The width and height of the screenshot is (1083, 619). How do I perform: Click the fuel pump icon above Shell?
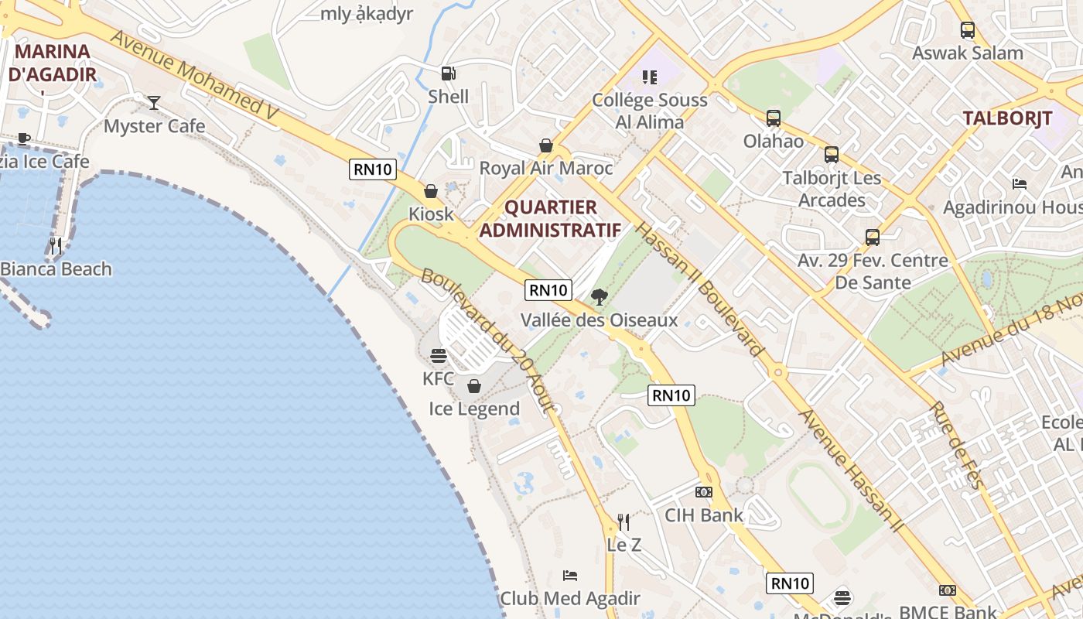(x=448, y=74)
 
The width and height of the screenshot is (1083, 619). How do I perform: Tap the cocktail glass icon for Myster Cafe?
(x=154, y=102)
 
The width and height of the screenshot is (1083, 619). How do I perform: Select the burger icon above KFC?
(x=439, y=356)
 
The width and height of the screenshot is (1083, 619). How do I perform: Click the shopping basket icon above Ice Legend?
(x=474, y=385)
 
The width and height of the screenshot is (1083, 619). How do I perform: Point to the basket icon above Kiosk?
(x=431, y=190)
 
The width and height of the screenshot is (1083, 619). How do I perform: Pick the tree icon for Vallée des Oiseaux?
(x=599, y=296)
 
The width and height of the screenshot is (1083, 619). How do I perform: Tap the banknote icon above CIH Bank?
(x=703, y=492)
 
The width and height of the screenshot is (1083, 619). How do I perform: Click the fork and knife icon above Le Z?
(x=623, y=522)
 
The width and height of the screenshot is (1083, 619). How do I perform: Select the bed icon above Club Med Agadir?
(x=570, y=575)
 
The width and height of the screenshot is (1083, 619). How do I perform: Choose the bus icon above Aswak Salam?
(x=967, y=30)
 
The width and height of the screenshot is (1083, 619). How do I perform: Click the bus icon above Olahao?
(x=774, y=118)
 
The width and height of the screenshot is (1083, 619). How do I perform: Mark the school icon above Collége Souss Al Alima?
(x=650, y=77)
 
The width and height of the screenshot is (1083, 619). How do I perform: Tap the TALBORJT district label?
(x=1007, y=118)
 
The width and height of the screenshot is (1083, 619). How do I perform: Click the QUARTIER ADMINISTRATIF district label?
(x=550, y=219)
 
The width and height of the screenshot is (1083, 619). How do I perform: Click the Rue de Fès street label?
(x=957, y=446)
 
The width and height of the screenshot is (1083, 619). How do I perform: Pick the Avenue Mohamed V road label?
(x=194, y=76)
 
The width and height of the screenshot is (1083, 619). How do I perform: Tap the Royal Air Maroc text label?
(x=546, y=168)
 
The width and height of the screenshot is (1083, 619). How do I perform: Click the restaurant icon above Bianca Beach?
(x=56, y=246)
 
